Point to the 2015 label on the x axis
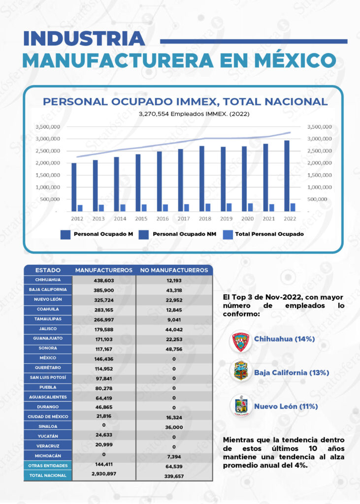(141, 218)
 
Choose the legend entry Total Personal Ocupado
(269, 234)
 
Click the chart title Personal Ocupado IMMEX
(185, 102)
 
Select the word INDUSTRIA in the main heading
(84, 38)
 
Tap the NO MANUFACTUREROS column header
(174, 270)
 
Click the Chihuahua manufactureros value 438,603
(104, 280)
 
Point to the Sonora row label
(48, 348)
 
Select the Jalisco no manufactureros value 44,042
(174, 329)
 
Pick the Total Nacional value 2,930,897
(104, 473)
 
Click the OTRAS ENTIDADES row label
(48, 466)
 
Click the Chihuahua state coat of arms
(241, 340)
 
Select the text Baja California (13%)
(292, 373)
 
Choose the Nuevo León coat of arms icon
(241, 407)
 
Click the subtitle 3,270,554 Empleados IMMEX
(185, 114)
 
